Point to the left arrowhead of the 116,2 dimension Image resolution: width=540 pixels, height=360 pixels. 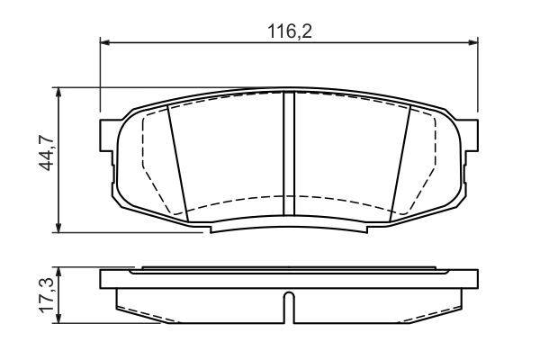point(104,41)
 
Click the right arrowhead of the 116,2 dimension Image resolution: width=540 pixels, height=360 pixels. point(473,41)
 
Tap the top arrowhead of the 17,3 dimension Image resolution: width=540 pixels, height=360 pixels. point(59,271)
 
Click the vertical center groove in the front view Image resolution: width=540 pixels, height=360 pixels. point(289,155)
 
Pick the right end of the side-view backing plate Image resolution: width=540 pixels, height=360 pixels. point(474,278)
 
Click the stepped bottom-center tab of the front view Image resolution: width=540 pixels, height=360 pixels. point(289,228)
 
